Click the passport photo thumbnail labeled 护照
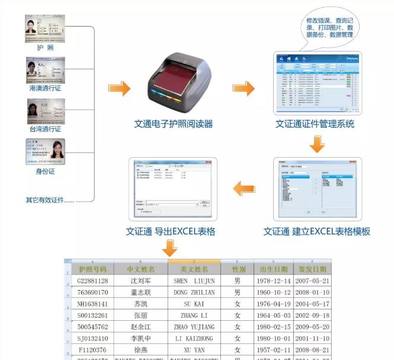click(45, 29)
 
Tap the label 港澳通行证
click(45, 88)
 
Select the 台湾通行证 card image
click(45, 110)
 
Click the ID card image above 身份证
click(45, 151)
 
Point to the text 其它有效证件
click(50, 200)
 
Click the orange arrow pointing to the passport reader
click(120, 88)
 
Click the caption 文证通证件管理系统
click(315, 124)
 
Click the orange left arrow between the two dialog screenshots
click(244, 189)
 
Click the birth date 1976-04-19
click(274, 304)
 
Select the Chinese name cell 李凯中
click(140, 339)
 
